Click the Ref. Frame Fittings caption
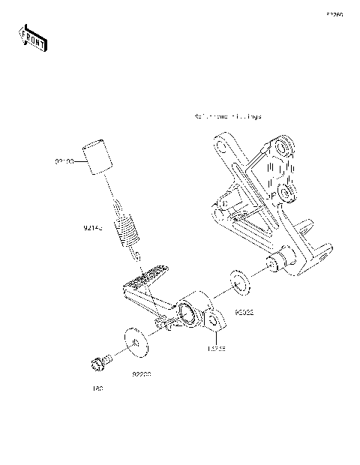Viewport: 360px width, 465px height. [x=227, y=118]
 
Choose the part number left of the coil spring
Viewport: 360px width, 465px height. [x=93, y=226]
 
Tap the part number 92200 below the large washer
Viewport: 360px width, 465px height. [x=143, y=372]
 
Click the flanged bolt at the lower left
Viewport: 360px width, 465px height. [x=98, y=364]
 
